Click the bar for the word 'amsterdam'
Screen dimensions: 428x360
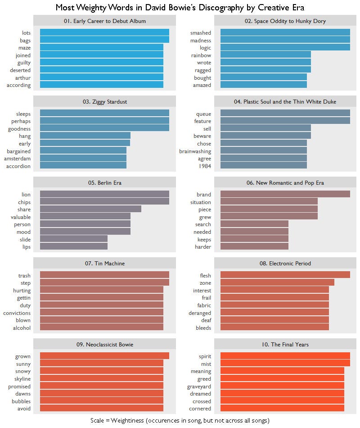(x=83, y=159)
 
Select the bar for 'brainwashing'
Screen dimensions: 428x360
(x=264, y=151)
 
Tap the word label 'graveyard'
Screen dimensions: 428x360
(x=199, y=387)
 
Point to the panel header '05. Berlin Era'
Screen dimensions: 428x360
(x=104, y=182)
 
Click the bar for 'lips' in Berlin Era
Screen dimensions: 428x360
(x=74, y=247)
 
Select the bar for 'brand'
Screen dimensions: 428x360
(x=285, y=195)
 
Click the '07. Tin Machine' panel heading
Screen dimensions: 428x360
(x=104, y=263)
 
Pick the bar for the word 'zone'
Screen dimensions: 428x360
(x=277, y=283)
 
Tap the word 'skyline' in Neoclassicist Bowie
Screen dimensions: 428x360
(x=23, y=379)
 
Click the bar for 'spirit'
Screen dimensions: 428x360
(x=285, y=356)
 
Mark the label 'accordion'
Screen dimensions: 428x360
(x=18, y=166)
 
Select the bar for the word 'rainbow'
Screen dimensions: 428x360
(x=265, y=55)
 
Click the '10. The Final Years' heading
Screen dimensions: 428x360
(x=285, y=344)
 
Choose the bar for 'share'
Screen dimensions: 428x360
(x=90, y=209)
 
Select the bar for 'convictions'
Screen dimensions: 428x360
(x=102, y=313)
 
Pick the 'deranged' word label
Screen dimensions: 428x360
(x=200, y=313)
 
